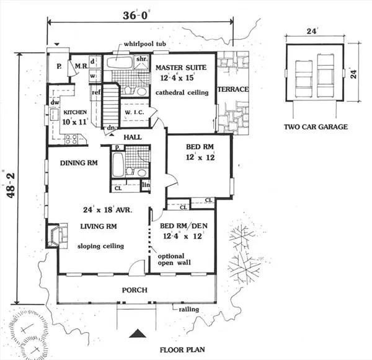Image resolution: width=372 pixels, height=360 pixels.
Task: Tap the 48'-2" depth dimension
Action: point(11,185)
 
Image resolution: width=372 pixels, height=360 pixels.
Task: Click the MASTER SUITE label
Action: point(181,68)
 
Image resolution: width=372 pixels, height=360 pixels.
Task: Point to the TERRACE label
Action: point(233,89)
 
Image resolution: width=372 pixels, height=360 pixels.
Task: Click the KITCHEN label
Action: point(75,112)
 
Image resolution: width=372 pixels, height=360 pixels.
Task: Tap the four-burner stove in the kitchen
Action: point(71,139)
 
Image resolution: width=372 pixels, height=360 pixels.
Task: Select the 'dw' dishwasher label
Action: point(55,103)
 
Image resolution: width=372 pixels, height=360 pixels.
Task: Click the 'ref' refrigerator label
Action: point(96,92)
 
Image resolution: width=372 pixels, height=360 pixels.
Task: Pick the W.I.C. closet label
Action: point(135,112)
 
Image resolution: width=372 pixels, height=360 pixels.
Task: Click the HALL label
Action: point(133,137)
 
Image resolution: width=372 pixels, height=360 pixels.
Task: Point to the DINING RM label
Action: point(79,163)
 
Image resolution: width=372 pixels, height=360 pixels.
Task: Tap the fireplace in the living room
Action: point(57,235)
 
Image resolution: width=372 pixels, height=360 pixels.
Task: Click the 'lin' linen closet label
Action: point(146,184)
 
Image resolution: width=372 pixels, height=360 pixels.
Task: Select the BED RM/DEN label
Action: point(184,226)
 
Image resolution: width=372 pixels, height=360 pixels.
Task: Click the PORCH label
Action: point(135,290)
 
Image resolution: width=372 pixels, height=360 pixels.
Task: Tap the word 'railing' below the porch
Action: point(189,309)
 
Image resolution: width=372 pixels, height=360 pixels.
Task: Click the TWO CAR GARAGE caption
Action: point(316,127)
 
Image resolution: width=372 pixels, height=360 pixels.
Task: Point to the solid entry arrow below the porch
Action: point(138,333)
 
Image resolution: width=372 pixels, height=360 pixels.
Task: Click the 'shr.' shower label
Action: point(142,59)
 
